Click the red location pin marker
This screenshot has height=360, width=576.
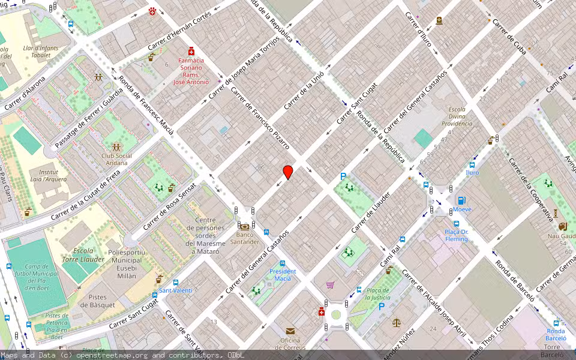[x=288, y=172]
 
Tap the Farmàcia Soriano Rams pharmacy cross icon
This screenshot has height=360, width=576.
[x=191, y=52]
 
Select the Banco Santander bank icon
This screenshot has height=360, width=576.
[x=244, y=227]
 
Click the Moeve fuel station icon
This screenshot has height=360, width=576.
[x=461, y=200]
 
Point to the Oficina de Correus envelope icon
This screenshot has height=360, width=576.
[x=290, y=331]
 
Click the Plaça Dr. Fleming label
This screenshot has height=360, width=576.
[x=456, y=235]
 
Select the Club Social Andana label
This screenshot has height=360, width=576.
[x=116, y=159]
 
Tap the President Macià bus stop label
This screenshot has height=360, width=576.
[x=283, y=275]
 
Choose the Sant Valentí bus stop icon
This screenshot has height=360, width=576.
[x=176, y=282]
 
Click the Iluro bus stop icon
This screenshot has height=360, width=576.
[x=473, y=164]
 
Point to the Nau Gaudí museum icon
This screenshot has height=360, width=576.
[x=562, y=226]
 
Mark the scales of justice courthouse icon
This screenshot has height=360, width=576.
[x=395, y=322]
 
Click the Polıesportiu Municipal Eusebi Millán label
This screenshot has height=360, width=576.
[x=125, y=264]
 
